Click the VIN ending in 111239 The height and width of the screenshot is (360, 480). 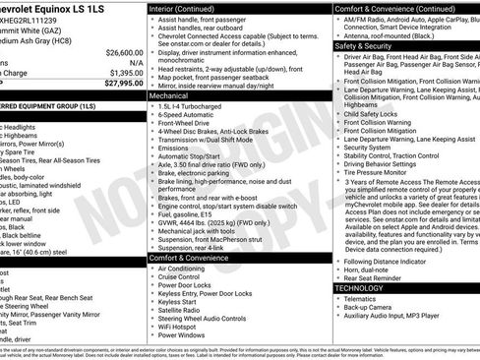(x=39, y=19)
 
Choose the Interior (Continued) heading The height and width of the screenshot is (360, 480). (x=190, y=8)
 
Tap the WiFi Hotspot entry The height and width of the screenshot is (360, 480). (x=184, y=325)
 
